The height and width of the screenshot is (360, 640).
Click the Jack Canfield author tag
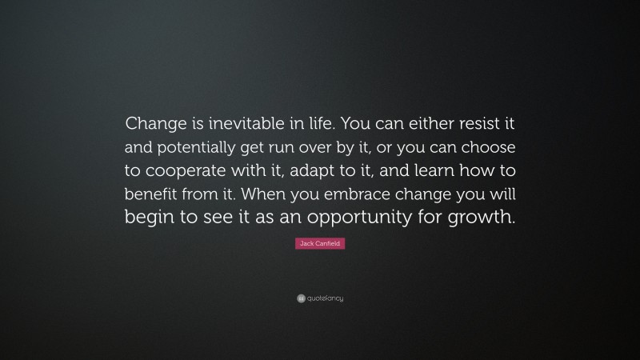pos(320,244)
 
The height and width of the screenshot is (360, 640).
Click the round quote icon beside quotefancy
pos(301,298)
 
